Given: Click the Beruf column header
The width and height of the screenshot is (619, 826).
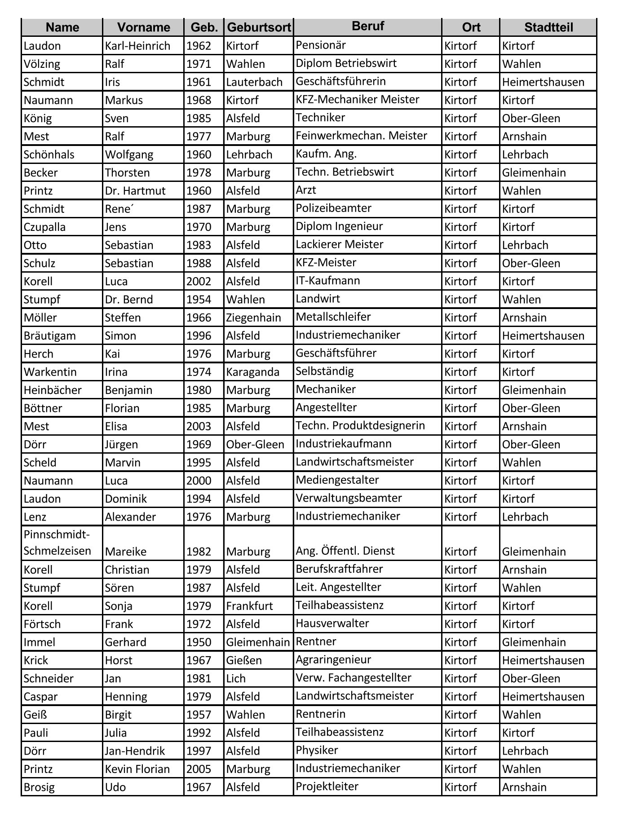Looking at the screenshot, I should pos(367,26).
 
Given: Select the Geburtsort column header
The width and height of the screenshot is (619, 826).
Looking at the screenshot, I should pos(259,27).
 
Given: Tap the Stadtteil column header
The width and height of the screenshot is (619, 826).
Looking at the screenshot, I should pos(548,27).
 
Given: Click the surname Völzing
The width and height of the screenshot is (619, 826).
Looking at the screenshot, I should pos(42,64).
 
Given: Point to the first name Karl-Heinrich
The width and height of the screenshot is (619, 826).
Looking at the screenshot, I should pos(137,46).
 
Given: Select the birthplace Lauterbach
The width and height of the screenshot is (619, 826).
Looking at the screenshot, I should pos(254,82).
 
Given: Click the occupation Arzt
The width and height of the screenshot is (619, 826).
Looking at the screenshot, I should pos(306,190).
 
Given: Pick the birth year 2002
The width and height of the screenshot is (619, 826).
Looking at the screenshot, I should pos(199,282).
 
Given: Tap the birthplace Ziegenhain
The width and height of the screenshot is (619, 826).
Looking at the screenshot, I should pos(253,318).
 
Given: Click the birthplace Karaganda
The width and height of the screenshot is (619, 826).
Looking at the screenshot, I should pos(252,372).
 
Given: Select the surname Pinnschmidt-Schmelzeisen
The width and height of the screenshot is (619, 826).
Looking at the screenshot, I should pos(57,543).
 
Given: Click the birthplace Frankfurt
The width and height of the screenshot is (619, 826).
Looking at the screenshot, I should pos(249,606).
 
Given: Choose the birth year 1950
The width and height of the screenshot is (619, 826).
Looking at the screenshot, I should pos(199,642).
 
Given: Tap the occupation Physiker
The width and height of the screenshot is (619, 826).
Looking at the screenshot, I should pos(317,750).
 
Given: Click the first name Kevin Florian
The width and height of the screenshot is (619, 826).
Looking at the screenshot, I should pos(137,769).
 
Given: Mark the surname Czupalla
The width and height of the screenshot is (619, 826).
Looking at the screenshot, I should pos(44,227).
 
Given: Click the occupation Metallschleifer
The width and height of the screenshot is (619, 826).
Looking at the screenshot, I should pos(333,317).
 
